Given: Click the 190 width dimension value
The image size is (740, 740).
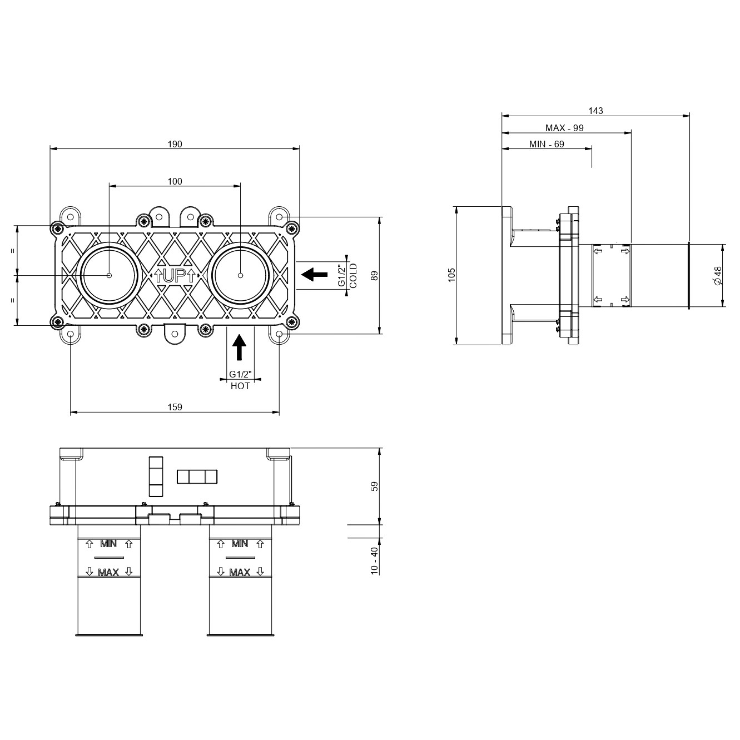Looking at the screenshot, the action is click(175, 145).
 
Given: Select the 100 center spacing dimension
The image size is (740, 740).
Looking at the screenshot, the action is click(175, 181).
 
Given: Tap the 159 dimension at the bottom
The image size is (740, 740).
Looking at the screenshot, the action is click(175, 407).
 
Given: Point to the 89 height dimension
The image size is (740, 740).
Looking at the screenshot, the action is click(374, 276).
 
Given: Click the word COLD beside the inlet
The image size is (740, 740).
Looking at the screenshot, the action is click(353, 276).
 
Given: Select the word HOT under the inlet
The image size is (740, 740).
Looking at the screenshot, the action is click(240, 386).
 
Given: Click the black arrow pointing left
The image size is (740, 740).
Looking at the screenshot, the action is click(315, 275).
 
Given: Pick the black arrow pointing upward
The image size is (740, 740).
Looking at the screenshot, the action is click(240, 347).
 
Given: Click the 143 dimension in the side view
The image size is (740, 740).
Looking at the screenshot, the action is click(595, 111).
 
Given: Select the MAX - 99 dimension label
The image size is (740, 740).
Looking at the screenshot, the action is click(564, 128).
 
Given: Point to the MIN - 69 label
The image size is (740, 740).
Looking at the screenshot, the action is click(547, 145).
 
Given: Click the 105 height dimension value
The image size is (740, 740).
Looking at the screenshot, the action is click(451, 275).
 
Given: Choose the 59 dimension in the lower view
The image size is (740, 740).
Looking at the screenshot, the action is click(374, 486).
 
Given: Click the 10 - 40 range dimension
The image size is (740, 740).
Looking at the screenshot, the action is click(374, 560).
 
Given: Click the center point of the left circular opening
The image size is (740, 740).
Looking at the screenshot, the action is click(109, 275).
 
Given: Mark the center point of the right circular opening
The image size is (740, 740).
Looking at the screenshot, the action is click(240, 275).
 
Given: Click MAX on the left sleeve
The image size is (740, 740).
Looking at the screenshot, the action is click(108, 573).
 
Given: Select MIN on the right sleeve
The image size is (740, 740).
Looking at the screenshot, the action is click(240, 544).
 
